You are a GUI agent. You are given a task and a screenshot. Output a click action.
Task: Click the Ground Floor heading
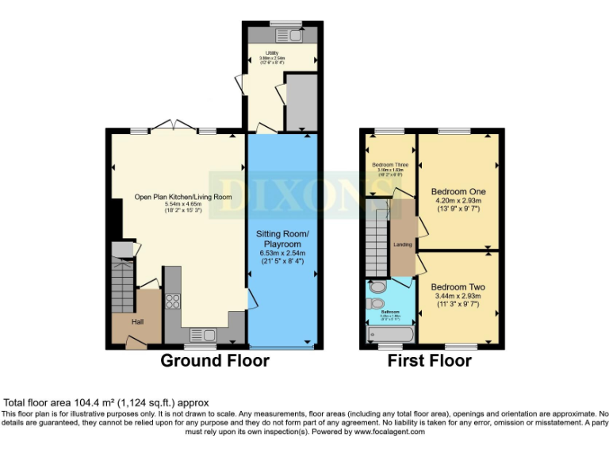(214, 361)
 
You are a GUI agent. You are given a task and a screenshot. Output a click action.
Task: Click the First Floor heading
(429, 361)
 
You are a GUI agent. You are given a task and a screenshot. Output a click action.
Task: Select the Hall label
(137, 321)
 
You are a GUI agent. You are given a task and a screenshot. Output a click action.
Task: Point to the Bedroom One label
(458, 192)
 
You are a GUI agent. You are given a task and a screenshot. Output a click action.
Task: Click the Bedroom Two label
(458, 287)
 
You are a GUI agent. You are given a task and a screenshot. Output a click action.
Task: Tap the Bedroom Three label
(390, 165)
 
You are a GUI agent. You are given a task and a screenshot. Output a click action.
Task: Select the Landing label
(403, 244)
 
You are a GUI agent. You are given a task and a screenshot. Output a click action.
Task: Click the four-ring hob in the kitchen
(172, 301)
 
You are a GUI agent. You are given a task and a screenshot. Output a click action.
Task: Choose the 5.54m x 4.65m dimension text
(183, 205)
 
